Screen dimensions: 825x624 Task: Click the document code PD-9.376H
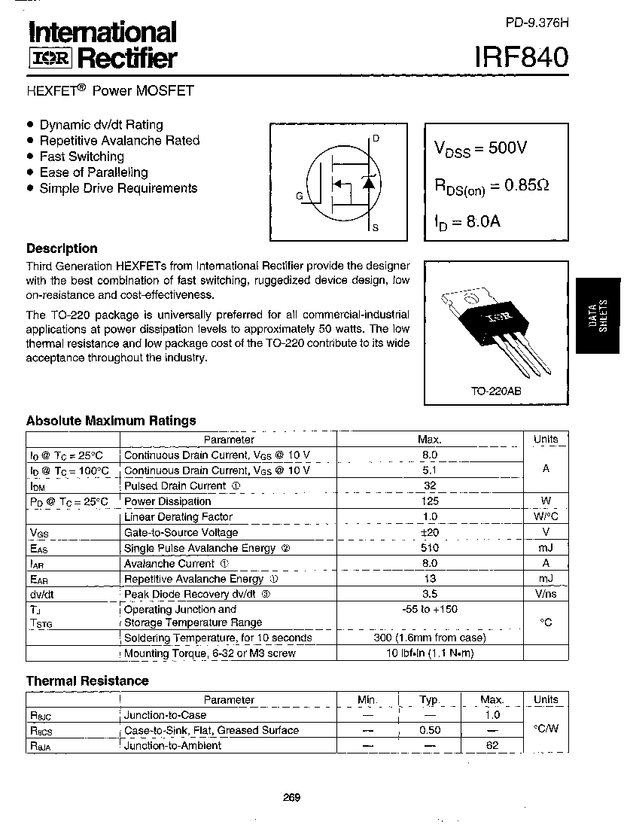click(x=537, y=23)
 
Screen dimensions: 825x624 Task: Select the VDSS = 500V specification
click(x=480, y=148)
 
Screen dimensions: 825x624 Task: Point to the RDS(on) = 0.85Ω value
click(x=491, y=185)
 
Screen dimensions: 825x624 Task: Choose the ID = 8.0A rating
click(x=467, y=222)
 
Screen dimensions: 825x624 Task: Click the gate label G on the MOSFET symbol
click(x=299, y=196)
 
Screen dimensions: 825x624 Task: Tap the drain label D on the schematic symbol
click(x=376, y=139)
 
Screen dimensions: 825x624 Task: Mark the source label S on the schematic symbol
click(x=376, y=227)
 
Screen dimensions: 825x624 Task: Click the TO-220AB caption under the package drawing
click(x=496, y=392)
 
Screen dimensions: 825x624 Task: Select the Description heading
click(x=62, y=248)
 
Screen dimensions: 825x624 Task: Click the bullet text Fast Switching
click(x=81, y=157)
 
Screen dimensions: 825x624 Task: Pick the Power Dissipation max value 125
click(x=430, y=501)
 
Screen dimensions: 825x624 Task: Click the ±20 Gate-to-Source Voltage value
click(x=430, y=532)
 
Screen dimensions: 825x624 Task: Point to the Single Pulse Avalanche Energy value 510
click(x=430, y=548)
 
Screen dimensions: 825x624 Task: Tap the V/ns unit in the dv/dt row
click(x=546, y=594)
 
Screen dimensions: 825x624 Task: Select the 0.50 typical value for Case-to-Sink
click(x=429, y=730)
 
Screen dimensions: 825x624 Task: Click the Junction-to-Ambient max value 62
click(x=492, y=746)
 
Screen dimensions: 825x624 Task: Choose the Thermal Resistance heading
click(x=87, y=680)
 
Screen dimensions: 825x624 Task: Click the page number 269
click(x=292, y=798)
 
